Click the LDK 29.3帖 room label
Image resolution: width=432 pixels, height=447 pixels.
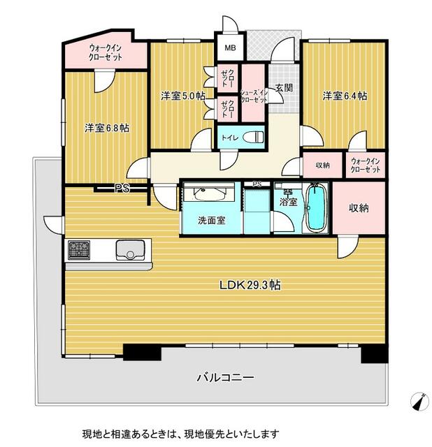[x=250, y=285]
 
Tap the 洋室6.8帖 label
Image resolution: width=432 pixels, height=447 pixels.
[x=107, y=128]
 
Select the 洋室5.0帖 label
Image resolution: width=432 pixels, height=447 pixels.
[x=183, y=96]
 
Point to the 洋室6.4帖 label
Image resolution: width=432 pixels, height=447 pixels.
[x=345, y=96]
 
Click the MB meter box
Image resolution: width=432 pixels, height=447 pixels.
[x=230, y=47]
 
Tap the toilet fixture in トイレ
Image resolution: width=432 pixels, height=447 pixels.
[x=253, y=138]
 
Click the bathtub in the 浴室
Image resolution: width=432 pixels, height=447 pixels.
[x=315, y=207]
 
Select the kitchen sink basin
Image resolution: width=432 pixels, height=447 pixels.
[x=130, y=250]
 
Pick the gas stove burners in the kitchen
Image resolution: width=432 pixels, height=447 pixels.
[x=79, y=250]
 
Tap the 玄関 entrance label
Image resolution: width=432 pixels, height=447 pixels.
[x=284, y=88]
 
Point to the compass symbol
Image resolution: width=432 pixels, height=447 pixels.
[x=419, y=402]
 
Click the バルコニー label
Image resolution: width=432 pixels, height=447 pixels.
[x=225, y=378]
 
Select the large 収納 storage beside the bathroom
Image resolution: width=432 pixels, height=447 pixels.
[x=359, y=208]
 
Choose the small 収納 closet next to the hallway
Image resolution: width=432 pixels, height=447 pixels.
[x=323, y=165]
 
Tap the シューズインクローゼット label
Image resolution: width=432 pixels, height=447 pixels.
[x=254, y=96]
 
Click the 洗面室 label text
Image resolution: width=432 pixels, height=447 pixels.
[x=212, y=220]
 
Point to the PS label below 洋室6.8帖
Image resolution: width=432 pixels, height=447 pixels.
[x=122, y=188]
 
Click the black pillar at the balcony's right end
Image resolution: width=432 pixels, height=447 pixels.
[x=375, y=353]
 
